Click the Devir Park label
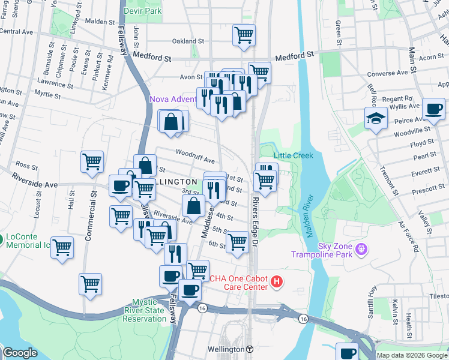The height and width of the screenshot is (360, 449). click(x=142, y=11)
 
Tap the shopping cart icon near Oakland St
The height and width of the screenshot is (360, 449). click(x=244, y=35)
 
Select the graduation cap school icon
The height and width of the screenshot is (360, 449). click(x=376, y=118)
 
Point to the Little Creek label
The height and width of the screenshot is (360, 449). click(x=294, y=155)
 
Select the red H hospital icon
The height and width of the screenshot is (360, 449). click(x=276, y=281)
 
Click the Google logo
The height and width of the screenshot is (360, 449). click(x=20, y=353)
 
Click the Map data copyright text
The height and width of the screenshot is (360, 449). click(x=412, y=355)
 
